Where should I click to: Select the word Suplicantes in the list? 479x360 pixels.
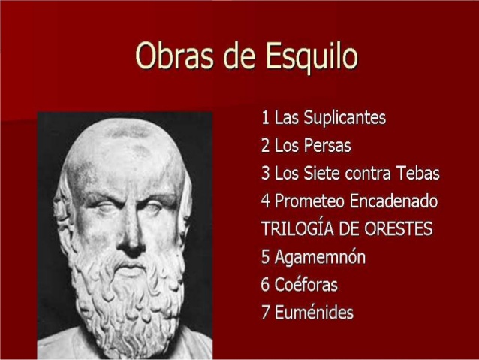(x=342, y=117)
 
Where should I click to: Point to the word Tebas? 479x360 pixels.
(x=414, y=174)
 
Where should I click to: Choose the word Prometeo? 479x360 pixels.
(x=308, y=201)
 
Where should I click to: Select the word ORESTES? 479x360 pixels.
(x=394, y=229)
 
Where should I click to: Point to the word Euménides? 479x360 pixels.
(x=314, y=313)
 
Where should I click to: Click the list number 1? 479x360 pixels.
(x=265, y=118)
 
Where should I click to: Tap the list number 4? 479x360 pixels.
(x=265, y=201)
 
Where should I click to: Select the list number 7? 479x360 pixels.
(x=265, y=313)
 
